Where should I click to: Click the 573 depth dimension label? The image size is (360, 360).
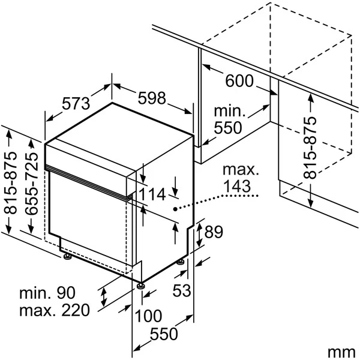tap(76, 103)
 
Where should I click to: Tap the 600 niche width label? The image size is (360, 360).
tap(240, 81)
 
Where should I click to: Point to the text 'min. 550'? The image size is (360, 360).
tap(228, 119)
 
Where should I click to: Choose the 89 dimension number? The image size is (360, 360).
tap(214, 232)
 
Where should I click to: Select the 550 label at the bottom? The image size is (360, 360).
tap(163, 334)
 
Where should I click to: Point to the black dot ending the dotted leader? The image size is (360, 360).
tap(175, 209)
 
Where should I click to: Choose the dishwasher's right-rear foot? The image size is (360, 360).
tap(181, 262)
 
